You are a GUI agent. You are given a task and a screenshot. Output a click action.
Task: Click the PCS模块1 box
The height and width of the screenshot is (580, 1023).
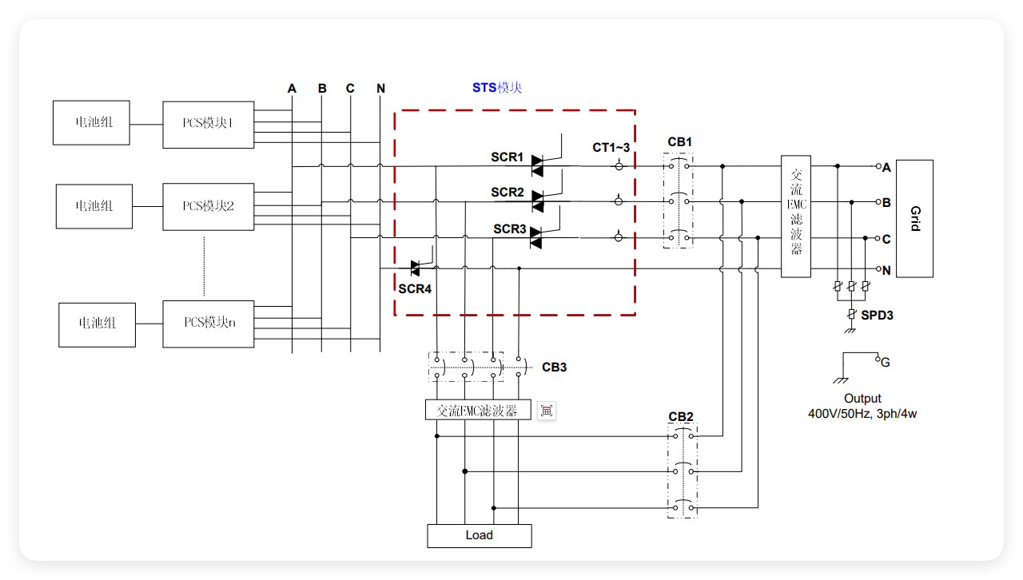pyautogui.click(x=208, y=125)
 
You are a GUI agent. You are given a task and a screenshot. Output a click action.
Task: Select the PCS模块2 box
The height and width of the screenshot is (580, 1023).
pyautogui.click(x=208, y=207)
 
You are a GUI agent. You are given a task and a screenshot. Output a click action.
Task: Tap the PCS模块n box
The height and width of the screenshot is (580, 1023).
pyautogui.click(x=208, y=324)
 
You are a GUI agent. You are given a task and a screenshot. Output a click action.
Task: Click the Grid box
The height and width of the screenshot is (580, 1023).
pyautogui.click(x=914, y=218)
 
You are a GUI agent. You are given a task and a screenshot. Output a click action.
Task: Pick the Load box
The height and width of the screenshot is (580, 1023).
pyautogui.click(x=479, y=535)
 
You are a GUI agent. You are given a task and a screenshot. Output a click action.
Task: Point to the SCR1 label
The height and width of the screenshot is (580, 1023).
pyautogui.click(x=507, y=157)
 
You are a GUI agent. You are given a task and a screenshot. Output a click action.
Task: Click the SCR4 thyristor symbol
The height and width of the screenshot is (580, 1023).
pyautogui.click(x=415, y=268)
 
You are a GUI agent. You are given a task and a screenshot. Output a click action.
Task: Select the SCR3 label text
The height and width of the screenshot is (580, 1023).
pyautogui.click(x=509, y=229)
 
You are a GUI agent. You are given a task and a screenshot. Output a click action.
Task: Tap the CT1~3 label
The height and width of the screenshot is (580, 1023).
pyautogui.click(x=611, y=147)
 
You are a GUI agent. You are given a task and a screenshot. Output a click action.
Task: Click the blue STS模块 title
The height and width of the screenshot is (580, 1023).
pyautogui.click(x=496, y=87)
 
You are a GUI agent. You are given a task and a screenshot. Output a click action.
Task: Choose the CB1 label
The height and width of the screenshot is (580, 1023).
pyautogui.click(x=679, y=142)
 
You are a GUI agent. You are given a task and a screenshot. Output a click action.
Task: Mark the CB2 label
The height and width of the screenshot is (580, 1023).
pyautogui.click(x=681, y=416)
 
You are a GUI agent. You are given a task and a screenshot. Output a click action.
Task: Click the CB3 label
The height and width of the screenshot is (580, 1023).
pyautogui.click(x=554, y=367)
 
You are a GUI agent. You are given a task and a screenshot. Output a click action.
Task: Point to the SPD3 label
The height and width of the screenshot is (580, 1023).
pyautogui.click(x=877, y=316)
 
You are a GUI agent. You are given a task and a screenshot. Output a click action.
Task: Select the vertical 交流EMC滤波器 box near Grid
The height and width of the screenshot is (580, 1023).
pyautogui.click(x=795, y=217)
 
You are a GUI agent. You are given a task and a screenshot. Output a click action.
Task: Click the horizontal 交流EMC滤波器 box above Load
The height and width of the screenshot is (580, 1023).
pyautogui.click(x=478, y=411)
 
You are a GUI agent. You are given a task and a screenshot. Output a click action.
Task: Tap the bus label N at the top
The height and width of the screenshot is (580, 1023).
pyautogui.click(x=380, y=88)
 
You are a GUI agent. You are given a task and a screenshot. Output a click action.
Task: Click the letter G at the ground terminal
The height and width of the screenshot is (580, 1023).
pyautogui.click(x=885, y=363)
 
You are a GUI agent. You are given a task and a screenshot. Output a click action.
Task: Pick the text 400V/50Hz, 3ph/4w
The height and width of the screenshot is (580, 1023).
pyautogui.click(x=862, y=414)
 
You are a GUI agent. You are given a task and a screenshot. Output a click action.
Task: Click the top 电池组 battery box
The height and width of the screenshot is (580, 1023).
pyautogui.click(x=91, y=123)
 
